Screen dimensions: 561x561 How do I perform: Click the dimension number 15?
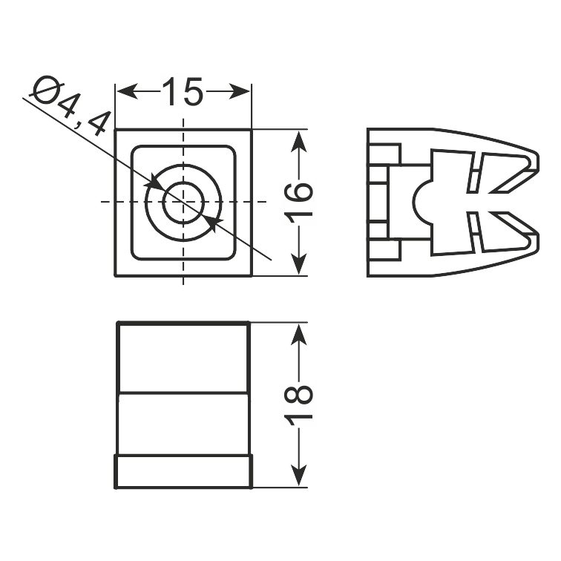[183, 91]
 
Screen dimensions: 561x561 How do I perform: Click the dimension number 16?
[299, 203]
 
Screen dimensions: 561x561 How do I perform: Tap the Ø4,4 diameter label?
[70, 106]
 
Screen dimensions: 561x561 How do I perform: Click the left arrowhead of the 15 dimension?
[127, 92]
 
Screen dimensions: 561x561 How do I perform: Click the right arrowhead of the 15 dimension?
[240, 92]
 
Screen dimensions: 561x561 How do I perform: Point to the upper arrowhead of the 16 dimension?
[299, 141]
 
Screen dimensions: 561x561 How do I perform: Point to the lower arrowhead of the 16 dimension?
[299, 264]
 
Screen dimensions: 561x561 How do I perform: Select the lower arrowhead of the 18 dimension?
[299, 475]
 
